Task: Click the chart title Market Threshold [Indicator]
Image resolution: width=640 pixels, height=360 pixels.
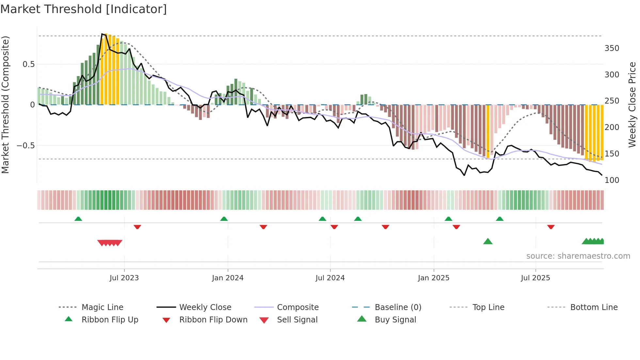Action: (84, 9)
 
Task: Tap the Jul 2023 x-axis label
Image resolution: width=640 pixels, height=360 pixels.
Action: (124, 278)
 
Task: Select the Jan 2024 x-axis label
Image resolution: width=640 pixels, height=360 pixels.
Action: (228, 278)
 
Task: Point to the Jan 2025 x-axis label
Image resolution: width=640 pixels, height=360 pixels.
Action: (434, 278)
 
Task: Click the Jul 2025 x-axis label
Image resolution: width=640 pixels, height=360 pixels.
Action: (536, 278)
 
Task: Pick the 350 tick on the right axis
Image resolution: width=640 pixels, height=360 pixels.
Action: (612, 48)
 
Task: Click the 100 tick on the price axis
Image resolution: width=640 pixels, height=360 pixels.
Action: (612, 180)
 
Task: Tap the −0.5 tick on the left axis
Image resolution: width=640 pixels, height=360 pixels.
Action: (26, 146)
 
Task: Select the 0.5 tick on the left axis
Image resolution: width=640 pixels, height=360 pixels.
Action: (29, 64)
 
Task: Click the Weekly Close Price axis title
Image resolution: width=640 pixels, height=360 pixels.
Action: (632, 105)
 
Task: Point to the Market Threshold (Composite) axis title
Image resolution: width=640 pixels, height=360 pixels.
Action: (6, 105)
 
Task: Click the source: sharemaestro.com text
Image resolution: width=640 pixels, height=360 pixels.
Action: (578, 256)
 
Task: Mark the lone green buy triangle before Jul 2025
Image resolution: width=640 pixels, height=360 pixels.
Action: (488, 241)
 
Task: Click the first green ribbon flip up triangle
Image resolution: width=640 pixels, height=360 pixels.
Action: (78, 219)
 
